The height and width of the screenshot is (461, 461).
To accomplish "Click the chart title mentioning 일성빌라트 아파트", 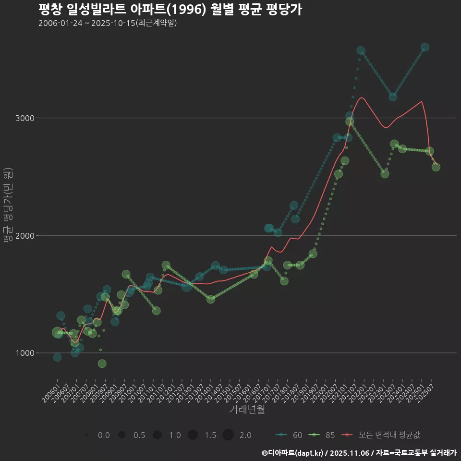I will [x=170, y=10].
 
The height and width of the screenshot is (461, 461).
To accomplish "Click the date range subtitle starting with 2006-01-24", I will [x=108, y=23].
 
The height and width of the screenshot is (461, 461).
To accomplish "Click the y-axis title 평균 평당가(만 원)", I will [x=8, y=206].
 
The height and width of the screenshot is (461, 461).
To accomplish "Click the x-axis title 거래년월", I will [x=247, y=409].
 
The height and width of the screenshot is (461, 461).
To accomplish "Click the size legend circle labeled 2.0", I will [x=228, y=435].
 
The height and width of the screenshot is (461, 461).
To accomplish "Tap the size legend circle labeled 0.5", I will [x=122, y=435].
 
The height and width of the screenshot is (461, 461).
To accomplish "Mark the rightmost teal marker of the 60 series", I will [x=425, y=48].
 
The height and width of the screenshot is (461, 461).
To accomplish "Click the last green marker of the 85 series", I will [x=436, y=167].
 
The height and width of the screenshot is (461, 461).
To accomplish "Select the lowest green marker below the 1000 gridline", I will [x=102, y=364].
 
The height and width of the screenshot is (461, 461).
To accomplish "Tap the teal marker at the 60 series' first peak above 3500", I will [x=361, y=50].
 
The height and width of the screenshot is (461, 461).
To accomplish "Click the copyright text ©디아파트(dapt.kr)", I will [x=292, y=452].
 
